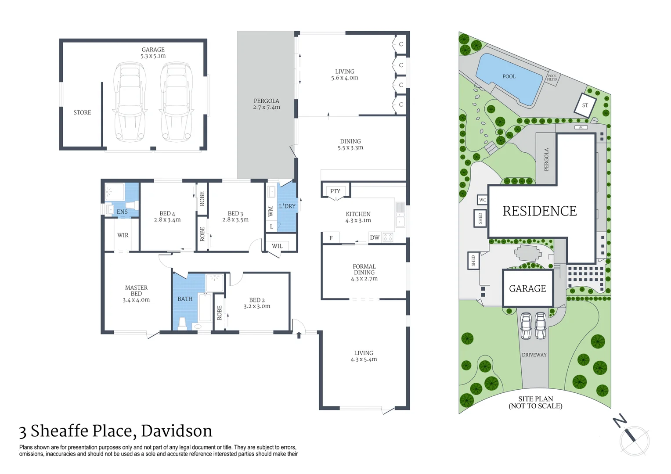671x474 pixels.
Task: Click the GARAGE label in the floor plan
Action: tap(153, 50)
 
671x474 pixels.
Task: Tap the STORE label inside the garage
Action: tap(82, 112)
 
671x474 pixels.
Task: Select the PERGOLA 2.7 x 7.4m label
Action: tap(266, 104)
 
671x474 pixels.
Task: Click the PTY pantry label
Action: tap(335, 191)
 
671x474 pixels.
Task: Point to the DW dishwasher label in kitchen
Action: tap(375, 237)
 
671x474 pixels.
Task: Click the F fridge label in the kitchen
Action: tap(331, 238)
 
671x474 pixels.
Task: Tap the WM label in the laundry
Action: tap(271, 212)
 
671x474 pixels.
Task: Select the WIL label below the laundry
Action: tap(277, 246)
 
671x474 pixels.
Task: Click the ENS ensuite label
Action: tap(122, 212)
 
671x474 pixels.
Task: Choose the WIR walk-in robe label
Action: tap(123, 235)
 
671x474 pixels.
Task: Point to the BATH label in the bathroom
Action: tap(185, 299)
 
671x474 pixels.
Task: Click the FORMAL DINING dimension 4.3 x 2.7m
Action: tap(364, 279)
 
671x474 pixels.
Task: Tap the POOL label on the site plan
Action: tap(509, 76)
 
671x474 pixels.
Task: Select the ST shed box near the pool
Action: tap(585, 105)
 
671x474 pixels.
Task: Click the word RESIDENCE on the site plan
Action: tap(539, 211)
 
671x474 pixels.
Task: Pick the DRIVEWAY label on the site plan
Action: tap(534, 355)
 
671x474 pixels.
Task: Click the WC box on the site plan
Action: tap(483, 200)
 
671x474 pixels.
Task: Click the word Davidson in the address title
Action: tap(177, 431)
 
